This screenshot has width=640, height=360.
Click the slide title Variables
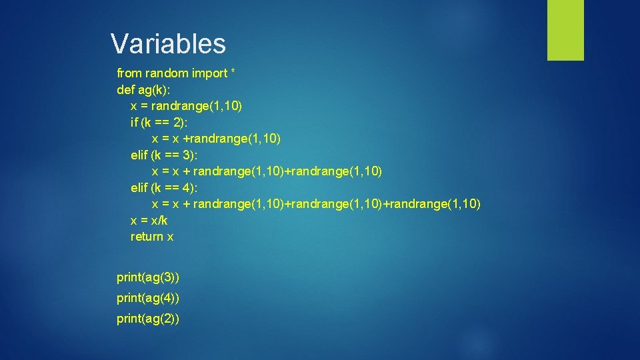168,44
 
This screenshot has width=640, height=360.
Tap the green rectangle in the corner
565,29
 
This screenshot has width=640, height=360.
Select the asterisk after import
232,71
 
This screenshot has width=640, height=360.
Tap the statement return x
152,237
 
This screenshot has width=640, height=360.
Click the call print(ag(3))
148,276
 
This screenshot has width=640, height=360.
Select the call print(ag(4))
148,297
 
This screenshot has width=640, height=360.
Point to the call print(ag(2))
148,319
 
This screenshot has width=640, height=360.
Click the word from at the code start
129,73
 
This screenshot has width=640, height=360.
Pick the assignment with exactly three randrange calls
267,171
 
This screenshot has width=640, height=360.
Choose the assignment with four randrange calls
316,203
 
